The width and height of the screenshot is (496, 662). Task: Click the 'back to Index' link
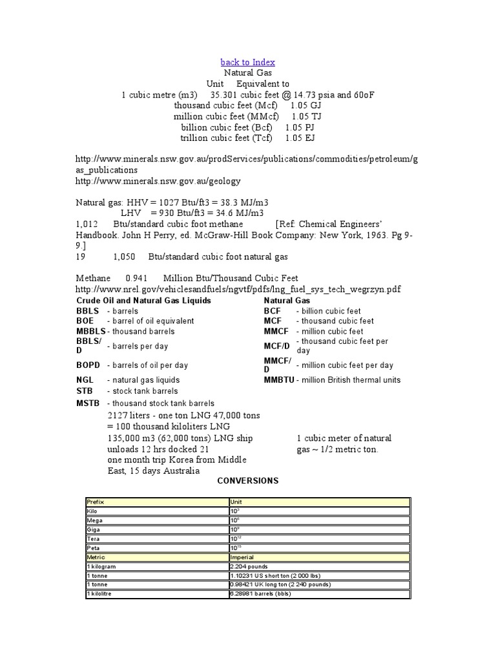click(x=248, y=62)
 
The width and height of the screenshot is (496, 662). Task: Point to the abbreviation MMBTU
click(x=279, y=380)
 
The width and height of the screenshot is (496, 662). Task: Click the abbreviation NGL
click(x=85, y=380)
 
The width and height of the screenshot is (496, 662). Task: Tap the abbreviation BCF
click(x=273, y=311)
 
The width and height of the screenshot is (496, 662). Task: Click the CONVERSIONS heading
click(x=248, y=481)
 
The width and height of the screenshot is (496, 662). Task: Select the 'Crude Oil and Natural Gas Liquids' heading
click(x=143, y=301)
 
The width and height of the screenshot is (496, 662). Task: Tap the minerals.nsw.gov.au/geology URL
click(x=158, y=182)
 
